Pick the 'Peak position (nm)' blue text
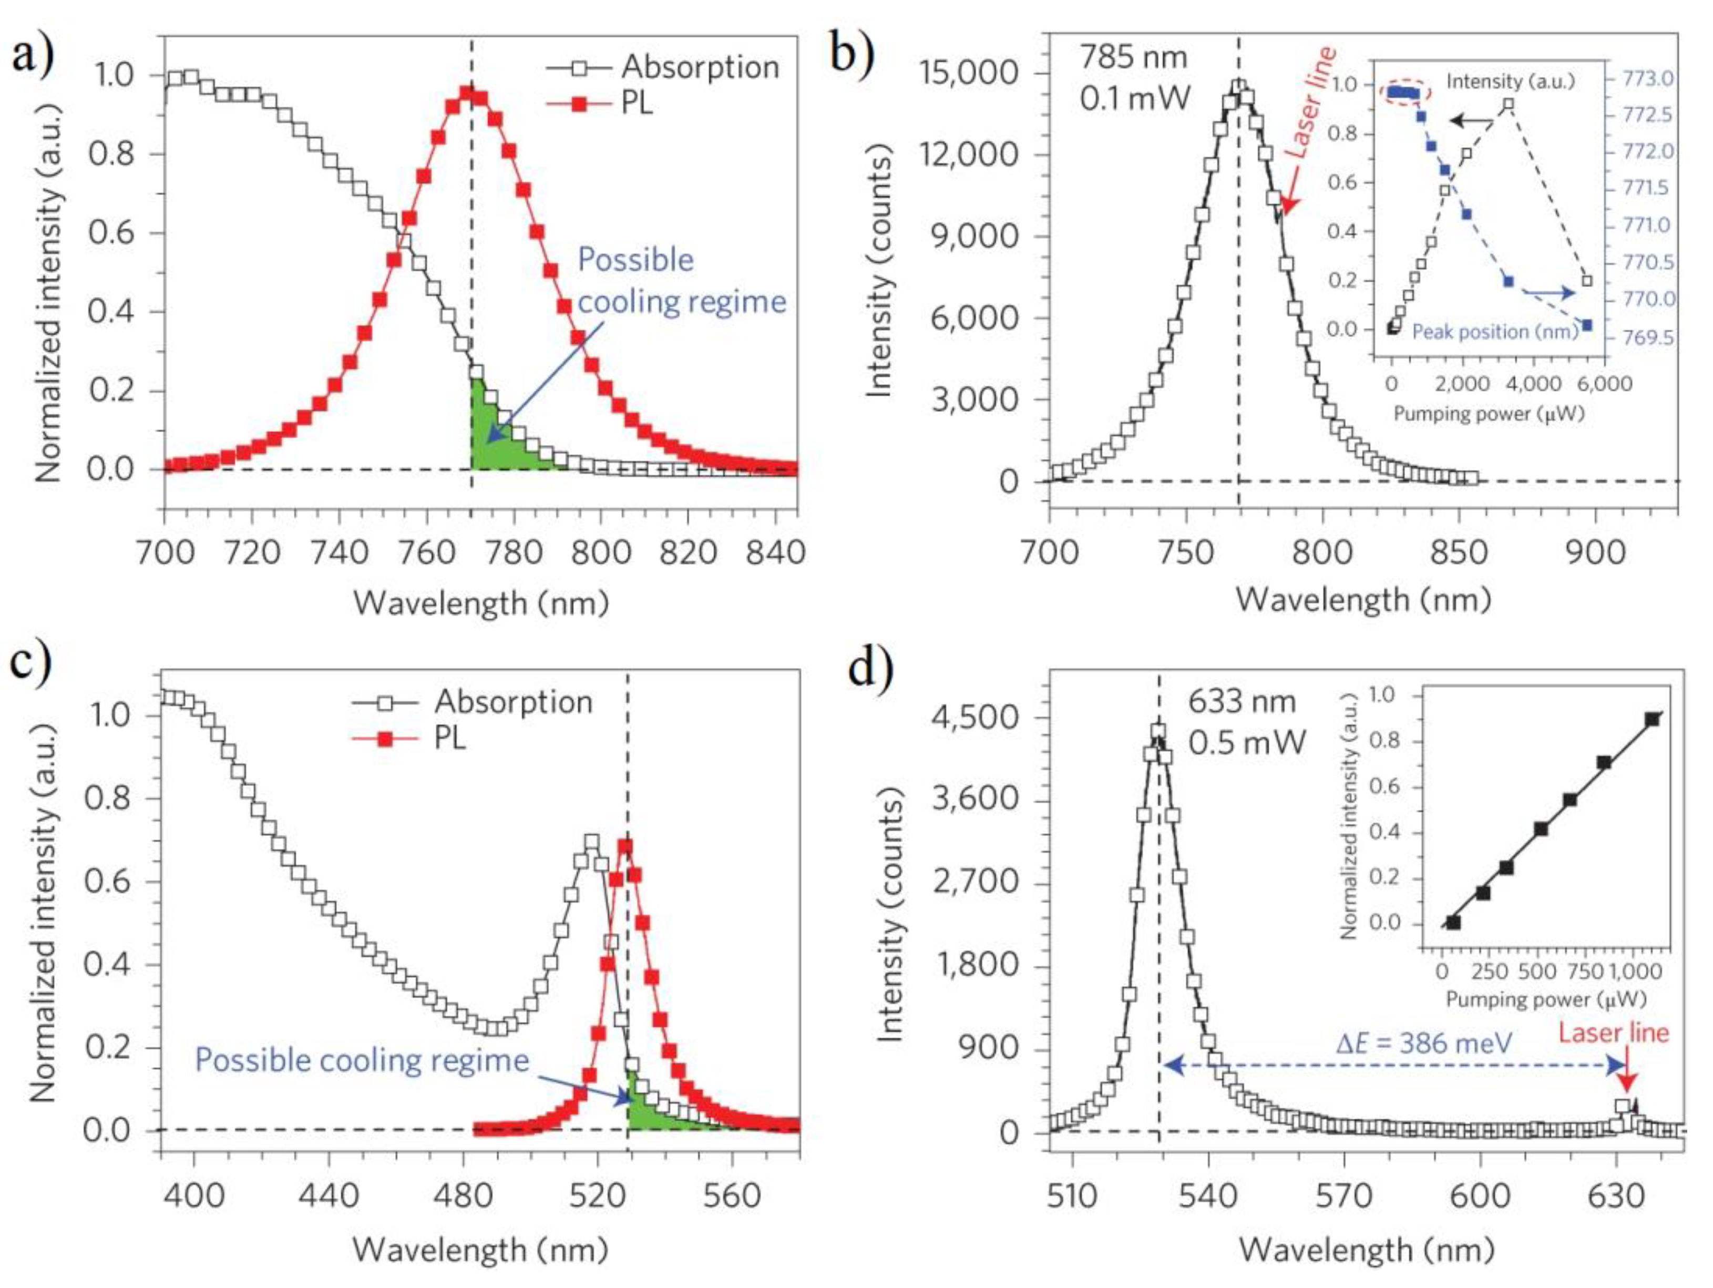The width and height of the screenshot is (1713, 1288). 1495,332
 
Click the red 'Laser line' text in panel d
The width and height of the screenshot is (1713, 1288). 1613,1033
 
